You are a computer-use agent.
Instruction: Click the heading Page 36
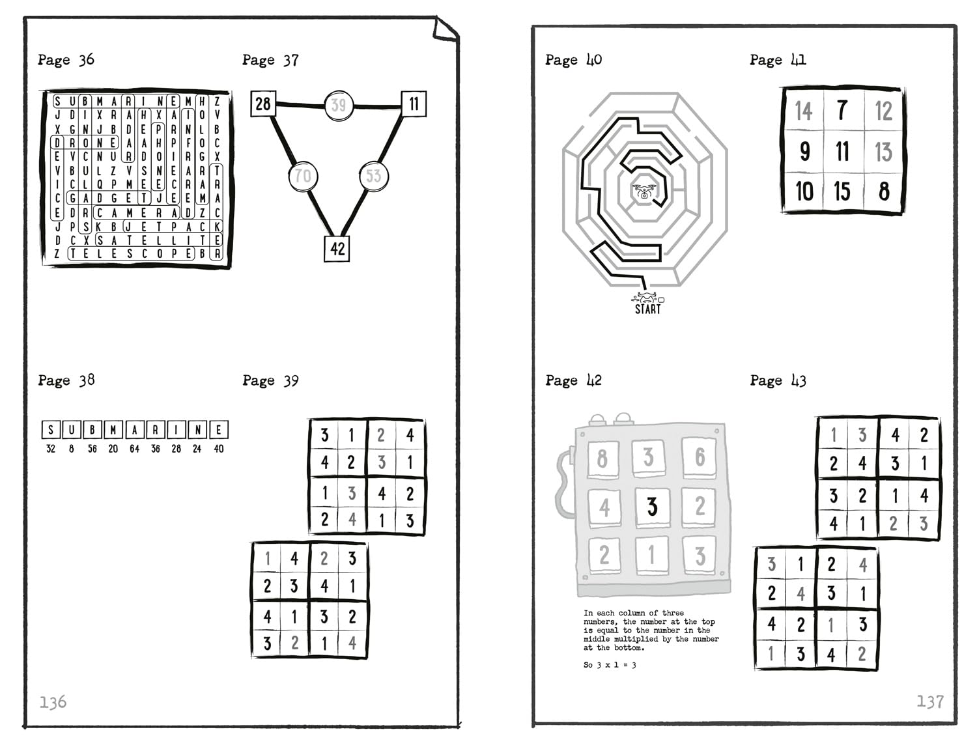pos(66,60)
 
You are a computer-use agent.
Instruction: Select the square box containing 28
pos(263,104)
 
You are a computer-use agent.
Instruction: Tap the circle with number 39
pos(339,106)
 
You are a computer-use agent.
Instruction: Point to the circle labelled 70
pos(303,176)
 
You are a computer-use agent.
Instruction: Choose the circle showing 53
pos(374,176)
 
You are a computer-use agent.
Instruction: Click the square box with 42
pos(337,249)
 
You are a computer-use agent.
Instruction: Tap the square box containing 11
pos(414,104)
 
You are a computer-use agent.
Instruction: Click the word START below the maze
pos(647,309)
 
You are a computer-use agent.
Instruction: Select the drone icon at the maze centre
pos(644,191)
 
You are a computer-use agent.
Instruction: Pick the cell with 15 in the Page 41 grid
pos(842,191)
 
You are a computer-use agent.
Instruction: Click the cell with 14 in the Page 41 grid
pos(804,111)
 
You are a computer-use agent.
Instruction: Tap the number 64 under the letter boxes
pos(134,449)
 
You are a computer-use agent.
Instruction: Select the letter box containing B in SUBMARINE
pos(92,430)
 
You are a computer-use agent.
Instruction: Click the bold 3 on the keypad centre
pos(653,507)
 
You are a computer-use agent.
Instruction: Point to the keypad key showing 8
pos(603,459)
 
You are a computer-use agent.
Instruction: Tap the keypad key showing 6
pos(700,457)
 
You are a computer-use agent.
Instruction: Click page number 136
pos(53,702)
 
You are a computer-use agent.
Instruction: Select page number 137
pos(930,701)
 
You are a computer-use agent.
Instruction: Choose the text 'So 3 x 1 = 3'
pos(610,665)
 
